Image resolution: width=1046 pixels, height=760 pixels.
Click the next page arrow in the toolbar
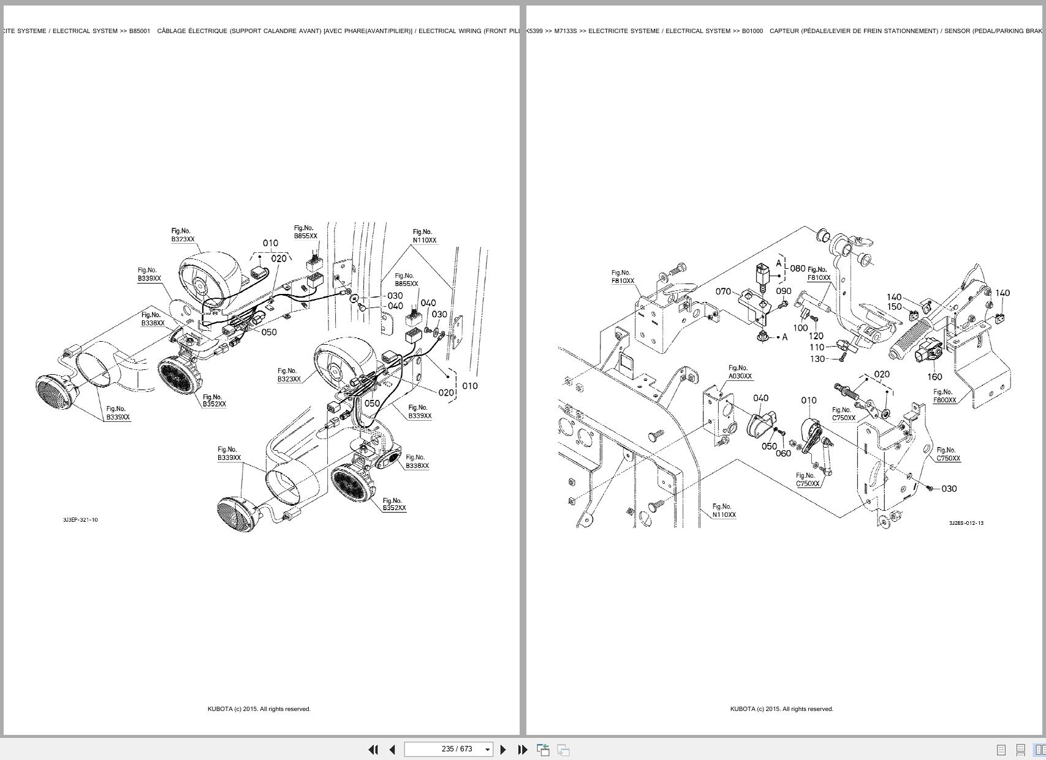(x=503, y=750)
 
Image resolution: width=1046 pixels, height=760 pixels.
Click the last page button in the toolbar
(x=523, y=750)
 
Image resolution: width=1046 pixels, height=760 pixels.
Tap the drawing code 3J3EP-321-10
(x=80, y=520)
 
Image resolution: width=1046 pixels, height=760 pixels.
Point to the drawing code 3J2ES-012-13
(x=966, y=523)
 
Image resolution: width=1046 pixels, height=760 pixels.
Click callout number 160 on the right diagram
(x=934, y=377)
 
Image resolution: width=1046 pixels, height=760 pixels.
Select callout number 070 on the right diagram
(x=723, y=292)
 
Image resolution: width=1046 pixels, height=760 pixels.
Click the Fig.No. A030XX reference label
(x=740, y=372)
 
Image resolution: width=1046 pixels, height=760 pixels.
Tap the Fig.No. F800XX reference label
(x=944, y=396)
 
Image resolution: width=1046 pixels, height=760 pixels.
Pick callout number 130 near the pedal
(x=817, y=359)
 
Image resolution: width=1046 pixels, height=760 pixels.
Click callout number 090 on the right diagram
(x=783, y=292)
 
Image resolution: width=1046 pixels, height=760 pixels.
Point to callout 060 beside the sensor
(x=783, y=454)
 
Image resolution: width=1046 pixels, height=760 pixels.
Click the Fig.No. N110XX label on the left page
(x=424, y=236)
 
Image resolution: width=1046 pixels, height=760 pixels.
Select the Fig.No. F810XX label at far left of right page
(x=623, y=277)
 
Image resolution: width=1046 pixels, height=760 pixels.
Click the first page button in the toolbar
(x=373, y=750)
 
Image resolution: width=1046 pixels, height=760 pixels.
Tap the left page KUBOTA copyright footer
(x=259, y=709)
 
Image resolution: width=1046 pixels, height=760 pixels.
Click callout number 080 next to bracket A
(x=797, y=268)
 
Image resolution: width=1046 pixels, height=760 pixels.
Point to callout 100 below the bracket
(x=800, y=328)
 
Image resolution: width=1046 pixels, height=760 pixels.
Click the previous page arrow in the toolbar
(x=392, y=750)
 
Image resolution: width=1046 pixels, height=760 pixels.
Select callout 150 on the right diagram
(x=894, y=307)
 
